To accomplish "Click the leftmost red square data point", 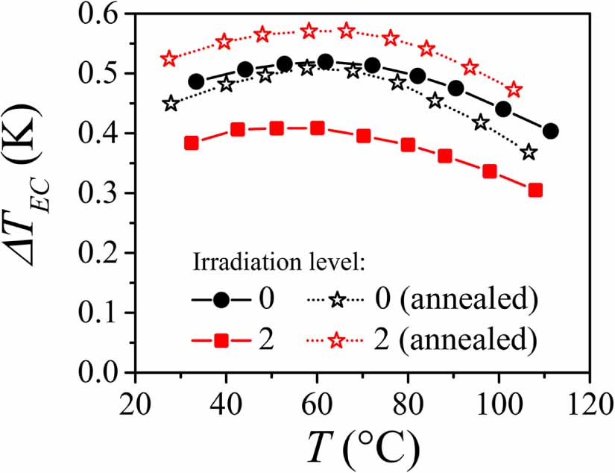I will [x=191, y=143].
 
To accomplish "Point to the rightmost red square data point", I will [x=534, y=190].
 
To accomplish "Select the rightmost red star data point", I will [x=514, y=90].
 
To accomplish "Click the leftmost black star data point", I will [x=171, y=104].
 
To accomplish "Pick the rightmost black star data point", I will [x=529, y=152].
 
